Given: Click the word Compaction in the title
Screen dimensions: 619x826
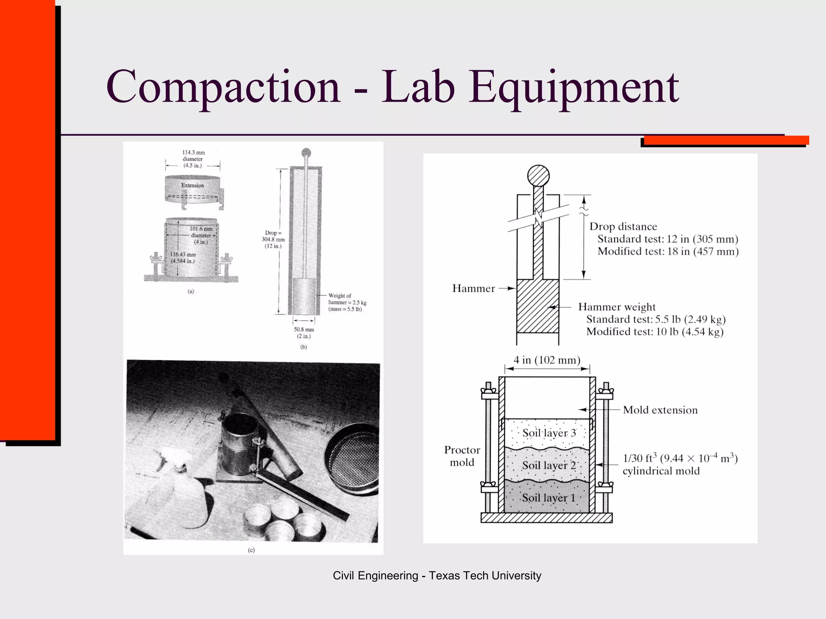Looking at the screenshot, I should click(x=223, y=87).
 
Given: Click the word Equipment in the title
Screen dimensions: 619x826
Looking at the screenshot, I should click(x=573, y=87).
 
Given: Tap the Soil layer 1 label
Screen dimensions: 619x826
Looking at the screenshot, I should click(x=548, y=498).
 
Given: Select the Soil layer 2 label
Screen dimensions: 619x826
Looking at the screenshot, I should click(x=549, y=465).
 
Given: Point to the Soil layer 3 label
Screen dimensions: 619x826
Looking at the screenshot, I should click(x=549, y=433).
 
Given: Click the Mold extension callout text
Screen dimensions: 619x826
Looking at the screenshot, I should click(x=660, y=410).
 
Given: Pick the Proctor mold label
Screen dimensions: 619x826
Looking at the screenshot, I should click(x=462, y=456).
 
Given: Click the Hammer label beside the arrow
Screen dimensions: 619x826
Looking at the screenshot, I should click(x=473, y=289).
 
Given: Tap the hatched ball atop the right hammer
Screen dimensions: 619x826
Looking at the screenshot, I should click(x=538, y=176).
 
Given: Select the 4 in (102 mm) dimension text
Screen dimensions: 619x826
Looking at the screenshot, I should click(x=546, y=360).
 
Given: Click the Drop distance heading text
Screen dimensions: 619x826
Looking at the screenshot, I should click(x=623, y=226).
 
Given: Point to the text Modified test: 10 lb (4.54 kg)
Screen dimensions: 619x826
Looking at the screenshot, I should click(x=654, y=332).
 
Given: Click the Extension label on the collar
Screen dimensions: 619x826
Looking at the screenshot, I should click(x=192, y=185).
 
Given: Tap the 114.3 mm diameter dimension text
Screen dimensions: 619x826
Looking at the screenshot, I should click(x=193, y=159).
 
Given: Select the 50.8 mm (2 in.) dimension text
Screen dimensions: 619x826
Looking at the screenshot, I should click(x=304, y=332).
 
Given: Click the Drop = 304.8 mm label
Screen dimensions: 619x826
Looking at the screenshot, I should click(x=273, y=239).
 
